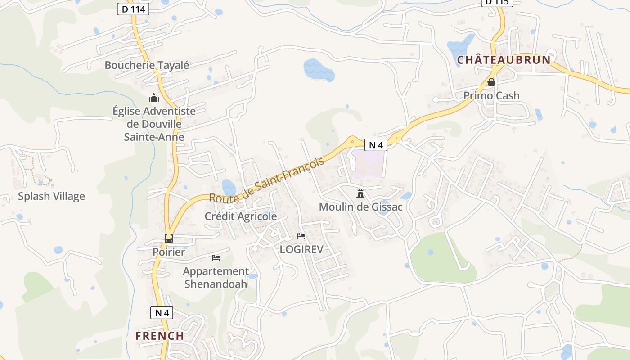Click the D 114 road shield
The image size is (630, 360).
point(133,9)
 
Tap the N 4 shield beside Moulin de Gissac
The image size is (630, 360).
point(376,145)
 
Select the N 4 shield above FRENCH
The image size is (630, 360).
point(162,313)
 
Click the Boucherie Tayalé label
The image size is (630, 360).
point(147,65)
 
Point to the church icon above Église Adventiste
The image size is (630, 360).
point(154,98)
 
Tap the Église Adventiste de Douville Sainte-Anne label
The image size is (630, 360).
point(154,124)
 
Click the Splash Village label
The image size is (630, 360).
point(51,196)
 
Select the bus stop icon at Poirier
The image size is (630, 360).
point(169,238)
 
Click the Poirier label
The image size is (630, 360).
point(168,252)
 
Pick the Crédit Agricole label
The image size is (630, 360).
point(241,216)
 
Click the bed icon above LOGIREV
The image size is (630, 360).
point(301,236)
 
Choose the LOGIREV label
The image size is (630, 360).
point(301,249)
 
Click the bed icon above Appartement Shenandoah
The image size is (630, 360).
point(216,258)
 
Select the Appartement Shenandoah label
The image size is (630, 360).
point(216,278)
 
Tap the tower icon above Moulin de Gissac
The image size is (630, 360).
point(360,193)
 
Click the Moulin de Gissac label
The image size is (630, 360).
point(360,207)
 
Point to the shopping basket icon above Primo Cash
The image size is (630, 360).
point(491,82)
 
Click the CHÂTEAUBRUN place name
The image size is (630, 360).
point(504,60)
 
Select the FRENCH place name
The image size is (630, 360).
point(160,336)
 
